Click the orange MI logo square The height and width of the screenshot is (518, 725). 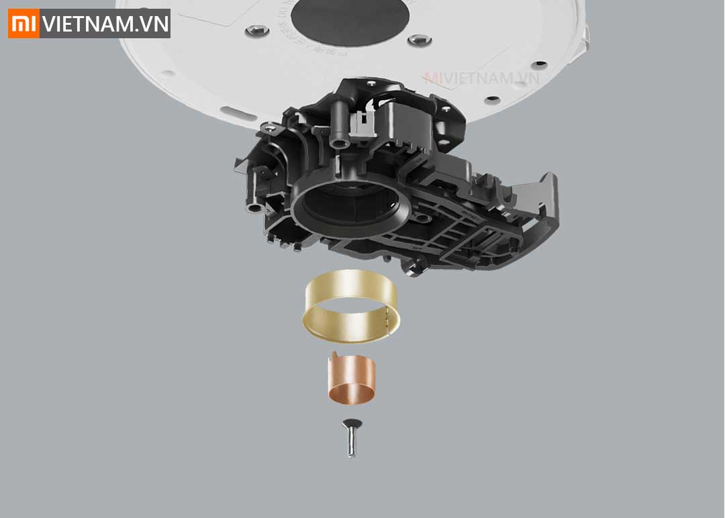click(x=23, y=24)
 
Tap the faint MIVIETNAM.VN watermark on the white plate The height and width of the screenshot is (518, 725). click(x=481, y=78)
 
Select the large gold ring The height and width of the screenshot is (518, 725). click(x=350, y=305)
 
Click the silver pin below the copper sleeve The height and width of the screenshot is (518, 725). click(x=351, y=444)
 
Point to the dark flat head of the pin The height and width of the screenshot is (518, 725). click(x=350, y=423)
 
